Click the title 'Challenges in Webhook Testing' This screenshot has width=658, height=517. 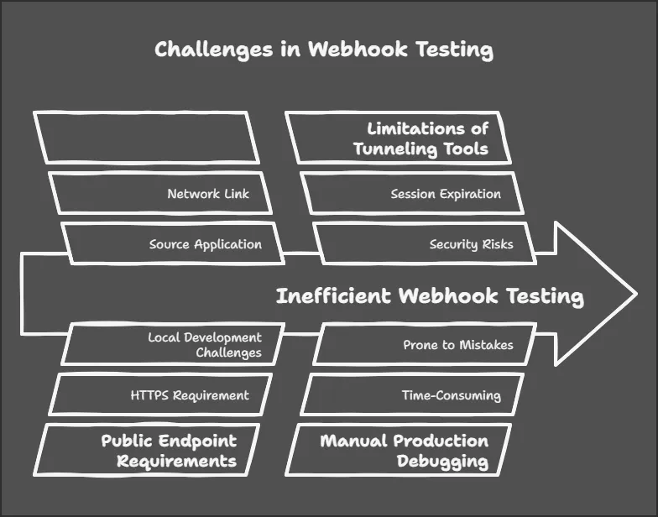pos(323,50)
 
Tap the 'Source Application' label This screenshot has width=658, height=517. pos(205,244)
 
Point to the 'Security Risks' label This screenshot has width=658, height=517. pos(471,244)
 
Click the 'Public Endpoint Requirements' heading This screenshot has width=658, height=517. pos(169,451)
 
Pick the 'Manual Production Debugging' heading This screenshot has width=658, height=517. pos(404,451)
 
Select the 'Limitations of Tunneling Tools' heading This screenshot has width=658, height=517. pos(420,139)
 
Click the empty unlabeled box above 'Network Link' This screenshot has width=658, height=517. pos(146,138)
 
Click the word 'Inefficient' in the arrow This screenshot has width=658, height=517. pos(334,296)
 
